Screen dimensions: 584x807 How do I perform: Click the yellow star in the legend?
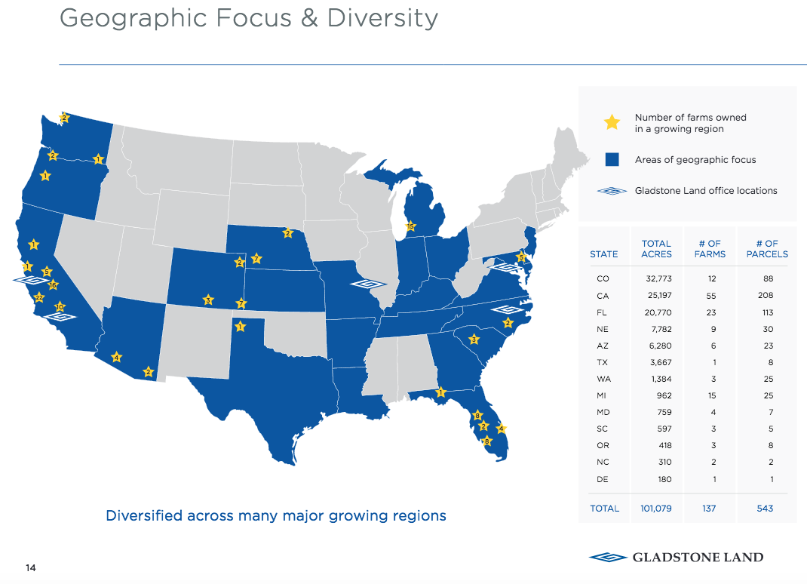click(612, 122)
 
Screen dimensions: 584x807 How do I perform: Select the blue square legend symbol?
click(612, 160)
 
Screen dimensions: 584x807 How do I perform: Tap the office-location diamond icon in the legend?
click(612, 191)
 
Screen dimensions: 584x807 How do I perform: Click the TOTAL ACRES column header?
click(656, 249)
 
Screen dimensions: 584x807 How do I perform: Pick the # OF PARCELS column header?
click(767, 249)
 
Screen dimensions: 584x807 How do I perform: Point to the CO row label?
click(603, 279)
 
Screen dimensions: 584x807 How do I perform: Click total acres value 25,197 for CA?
click(658, 296)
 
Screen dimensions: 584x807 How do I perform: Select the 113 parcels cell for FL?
click(767, 312)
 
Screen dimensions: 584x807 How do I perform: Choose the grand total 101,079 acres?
click(655, 509)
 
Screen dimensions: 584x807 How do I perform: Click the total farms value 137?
click(709, 509)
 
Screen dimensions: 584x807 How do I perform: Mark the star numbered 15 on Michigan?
click(410, 226)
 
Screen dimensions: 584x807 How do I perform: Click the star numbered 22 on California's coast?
click(39, 297)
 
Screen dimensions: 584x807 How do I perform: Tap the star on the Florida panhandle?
click(441, 392)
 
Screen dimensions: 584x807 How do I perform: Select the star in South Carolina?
click(474, 340)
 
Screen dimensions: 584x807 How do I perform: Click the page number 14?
click(31, 568)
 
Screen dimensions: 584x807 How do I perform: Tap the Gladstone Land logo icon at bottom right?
click(608, 558)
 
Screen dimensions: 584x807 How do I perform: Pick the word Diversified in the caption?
click(144, 516)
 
